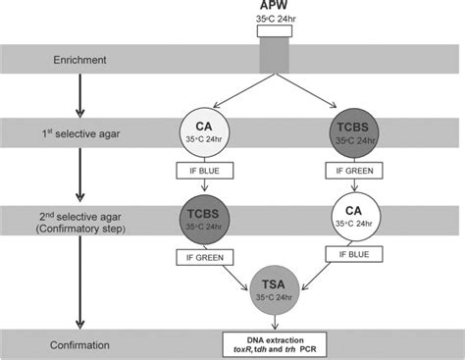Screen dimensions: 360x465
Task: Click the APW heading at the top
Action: point(274,7)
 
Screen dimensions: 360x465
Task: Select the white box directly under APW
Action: point(274,30)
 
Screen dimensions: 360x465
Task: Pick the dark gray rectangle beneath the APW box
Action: point(274,59)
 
